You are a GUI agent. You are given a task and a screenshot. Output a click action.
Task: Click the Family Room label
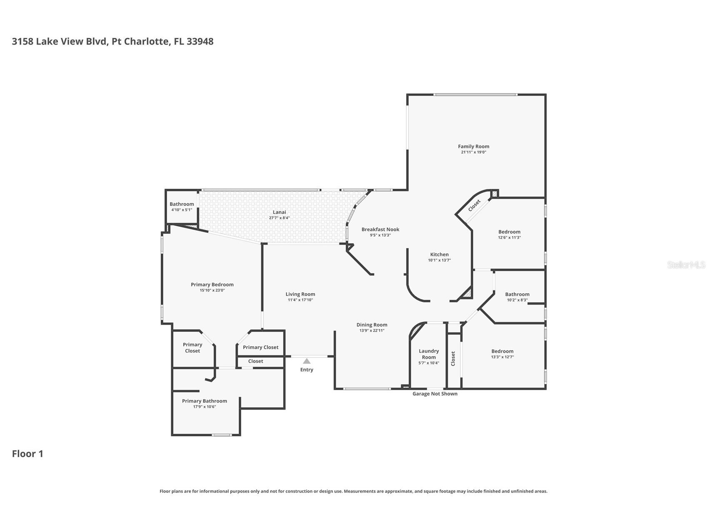click(x=473, y=146)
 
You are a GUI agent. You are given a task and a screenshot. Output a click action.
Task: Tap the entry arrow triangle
click(x=307, y=361)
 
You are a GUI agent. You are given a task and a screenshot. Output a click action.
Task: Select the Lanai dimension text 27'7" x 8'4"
click(x=279, y=218)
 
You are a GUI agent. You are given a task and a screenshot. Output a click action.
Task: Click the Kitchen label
click(x=439, y=255)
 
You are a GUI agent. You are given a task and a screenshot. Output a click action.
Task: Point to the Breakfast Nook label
click(x=380, y=230)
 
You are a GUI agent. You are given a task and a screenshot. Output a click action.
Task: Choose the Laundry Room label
click(x=429, y=354)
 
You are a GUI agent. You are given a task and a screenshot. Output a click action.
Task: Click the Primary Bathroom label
click(x=204, y=401)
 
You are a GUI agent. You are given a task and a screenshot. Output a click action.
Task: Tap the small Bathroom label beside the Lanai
click(x=182, y=204)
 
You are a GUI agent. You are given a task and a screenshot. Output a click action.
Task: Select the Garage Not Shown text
click(x=435, y=394)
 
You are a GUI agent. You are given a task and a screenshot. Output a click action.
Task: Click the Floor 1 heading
click(x=27, y=454)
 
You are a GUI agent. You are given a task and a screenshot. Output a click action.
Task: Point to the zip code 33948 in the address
click(x=200, y=41)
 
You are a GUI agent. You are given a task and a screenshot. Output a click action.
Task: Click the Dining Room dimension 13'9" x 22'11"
click(x=372, y=330)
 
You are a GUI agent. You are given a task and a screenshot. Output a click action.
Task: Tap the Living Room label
click(x=300, y=294)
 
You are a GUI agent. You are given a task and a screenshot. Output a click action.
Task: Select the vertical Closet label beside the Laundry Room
click(x=453, y=359)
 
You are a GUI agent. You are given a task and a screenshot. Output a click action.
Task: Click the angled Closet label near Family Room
click(x=474, y=205)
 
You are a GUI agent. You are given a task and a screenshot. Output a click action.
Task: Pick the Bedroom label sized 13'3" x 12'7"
click(x=502, y=351)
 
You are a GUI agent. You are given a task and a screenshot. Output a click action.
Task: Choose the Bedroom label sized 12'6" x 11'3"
click(x=509, y=232)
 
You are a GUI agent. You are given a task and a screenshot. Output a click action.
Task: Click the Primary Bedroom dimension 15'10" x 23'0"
click(x=212, y=290)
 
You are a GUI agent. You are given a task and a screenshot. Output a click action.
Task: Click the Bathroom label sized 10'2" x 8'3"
click(x=517, y=294)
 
